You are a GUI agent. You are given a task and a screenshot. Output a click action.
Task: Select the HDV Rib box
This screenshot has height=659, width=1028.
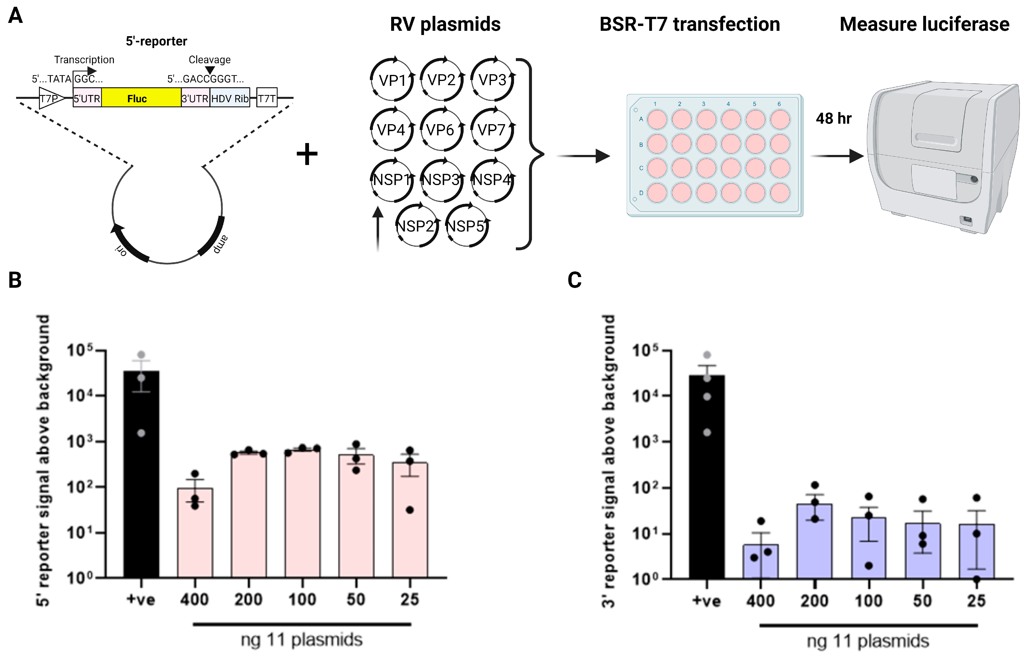(x=230, y=98)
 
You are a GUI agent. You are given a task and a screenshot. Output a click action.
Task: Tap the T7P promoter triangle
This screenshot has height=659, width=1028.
(x=50, y=98)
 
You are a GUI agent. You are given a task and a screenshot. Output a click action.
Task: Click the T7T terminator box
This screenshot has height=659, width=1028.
(x=266, y=98)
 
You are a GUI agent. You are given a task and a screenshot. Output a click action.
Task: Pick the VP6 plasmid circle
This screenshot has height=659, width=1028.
(x=441, y=129)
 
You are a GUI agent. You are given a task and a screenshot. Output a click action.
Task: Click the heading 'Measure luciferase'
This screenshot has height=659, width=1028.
(x=924, y=25)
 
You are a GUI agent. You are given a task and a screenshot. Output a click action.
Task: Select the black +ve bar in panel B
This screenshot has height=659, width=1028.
(x=141, y=475)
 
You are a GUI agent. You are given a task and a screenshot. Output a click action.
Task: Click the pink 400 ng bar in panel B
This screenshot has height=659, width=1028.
(x=195, y=533)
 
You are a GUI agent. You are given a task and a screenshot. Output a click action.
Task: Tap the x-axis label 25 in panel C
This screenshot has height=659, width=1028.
(x=976, y=601)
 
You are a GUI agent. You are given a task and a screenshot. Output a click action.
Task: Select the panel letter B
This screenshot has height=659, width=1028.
(x=15, y=280)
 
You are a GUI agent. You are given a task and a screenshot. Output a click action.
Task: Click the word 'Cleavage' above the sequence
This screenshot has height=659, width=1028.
(x=209, y=60)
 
